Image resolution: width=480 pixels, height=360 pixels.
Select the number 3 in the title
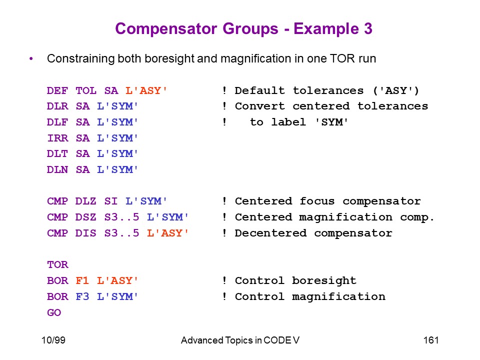[368, 28]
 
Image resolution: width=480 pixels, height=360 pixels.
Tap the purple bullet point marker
[31, 58]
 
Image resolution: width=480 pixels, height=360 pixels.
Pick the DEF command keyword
[57, 90]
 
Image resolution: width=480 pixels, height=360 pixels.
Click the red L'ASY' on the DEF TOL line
[146, 90]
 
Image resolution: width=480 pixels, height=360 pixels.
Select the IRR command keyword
[57, 138]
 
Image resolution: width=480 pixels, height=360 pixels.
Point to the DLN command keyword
[57, 169]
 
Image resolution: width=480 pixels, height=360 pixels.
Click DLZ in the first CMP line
[85, 201]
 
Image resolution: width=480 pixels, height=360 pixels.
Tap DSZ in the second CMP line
[85, 217]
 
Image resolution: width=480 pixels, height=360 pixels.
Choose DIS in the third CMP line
[85, 233]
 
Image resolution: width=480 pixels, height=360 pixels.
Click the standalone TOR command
[57, 264]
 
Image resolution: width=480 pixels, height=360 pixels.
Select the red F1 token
[82, 280]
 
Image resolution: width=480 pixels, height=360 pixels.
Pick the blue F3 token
[82, 296]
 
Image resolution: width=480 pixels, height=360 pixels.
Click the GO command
[54, 312]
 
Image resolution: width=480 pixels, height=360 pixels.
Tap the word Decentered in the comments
[270, 233]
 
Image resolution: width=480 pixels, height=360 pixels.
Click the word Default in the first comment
[259, 90]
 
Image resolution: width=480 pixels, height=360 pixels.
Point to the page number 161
[431, 340]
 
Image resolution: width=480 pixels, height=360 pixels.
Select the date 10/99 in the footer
[53, 340]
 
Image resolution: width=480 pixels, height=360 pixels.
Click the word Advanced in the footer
[202, 340]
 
